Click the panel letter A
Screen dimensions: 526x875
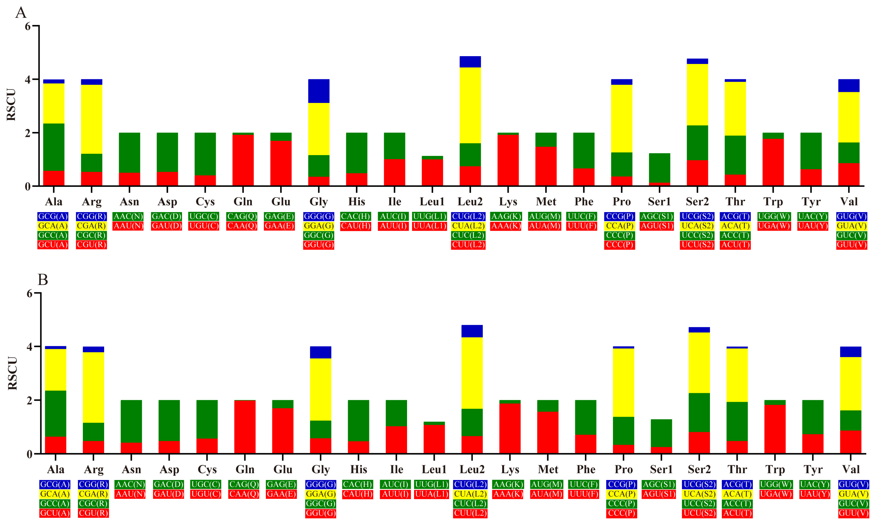click(21, 13)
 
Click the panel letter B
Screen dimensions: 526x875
click(42, 280)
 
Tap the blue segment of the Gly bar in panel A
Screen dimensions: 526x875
click(318, 91)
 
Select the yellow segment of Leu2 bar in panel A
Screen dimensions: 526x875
click(470, 105)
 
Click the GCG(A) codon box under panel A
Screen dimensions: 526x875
click(53, 216)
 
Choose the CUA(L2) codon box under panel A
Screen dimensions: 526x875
click(468, 226)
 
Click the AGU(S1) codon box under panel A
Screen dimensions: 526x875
click(657, 226)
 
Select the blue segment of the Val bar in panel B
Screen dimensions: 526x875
click(851, 352)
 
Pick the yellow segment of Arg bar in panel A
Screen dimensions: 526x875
click(91, 119)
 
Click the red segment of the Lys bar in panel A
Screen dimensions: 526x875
click(508, 160)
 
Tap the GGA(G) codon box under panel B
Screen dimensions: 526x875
click(320, 494)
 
